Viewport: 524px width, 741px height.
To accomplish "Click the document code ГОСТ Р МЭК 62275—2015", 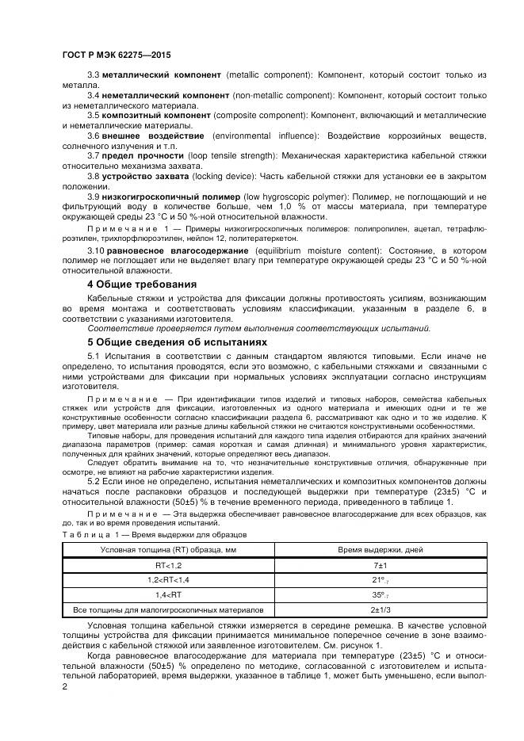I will click(x=117, y=55).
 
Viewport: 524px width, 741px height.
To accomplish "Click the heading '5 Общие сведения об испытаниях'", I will click(x=177, y=342).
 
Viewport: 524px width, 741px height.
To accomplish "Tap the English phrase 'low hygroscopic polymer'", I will click(x=273, y=195).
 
